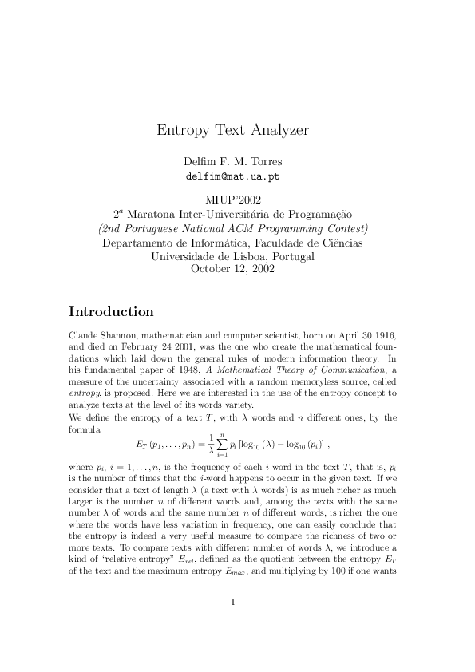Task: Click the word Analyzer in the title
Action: point(276,130)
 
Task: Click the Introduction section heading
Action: point(111,311)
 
